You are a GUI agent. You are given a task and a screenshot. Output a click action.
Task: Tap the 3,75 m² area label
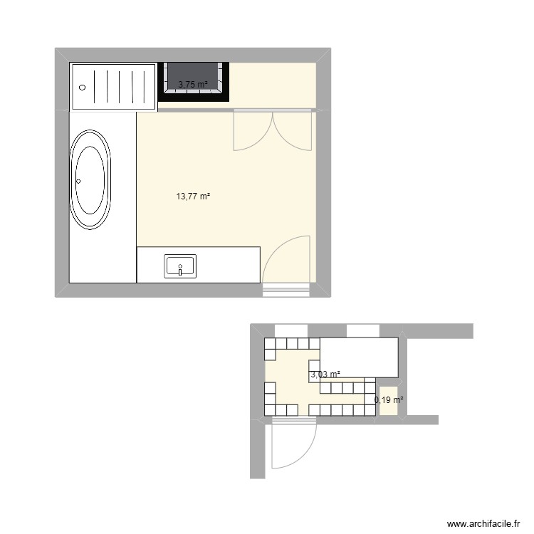coord(193,85)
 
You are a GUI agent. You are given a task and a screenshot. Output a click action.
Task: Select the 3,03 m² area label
coord(325,375)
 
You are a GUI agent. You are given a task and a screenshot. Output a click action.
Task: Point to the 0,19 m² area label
coord(389,400)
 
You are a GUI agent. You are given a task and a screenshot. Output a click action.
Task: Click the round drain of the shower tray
coord(83,87)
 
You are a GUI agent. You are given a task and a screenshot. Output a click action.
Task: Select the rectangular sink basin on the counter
coord(182,266)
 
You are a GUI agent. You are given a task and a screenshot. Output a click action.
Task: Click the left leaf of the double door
coord(253,132)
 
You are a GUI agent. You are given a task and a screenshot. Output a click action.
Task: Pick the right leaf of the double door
coord(292,132)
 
